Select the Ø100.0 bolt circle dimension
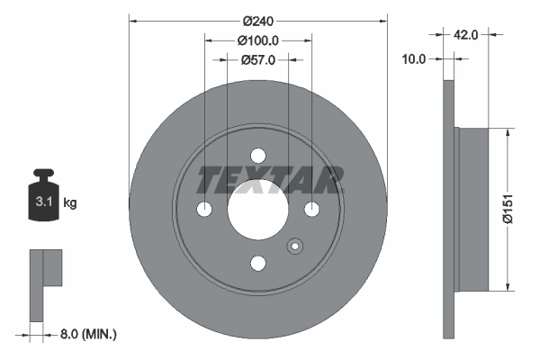[x=258, y=40]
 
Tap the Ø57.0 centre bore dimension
[x=258, y=59]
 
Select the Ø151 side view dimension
[x=509, y=209]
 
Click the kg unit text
[x=70, y=203]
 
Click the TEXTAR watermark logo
[x=270, y=180]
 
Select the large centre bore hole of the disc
[x=257, y=209]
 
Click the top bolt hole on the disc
[x=258, y=156]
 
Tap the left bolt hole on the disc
[x=204, y=210]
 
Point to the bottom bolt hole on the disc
[x=258, y=263]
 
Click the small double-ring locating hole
[x=294, y=248]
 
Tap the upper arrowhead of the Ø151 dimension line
[x=509, y=131]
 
